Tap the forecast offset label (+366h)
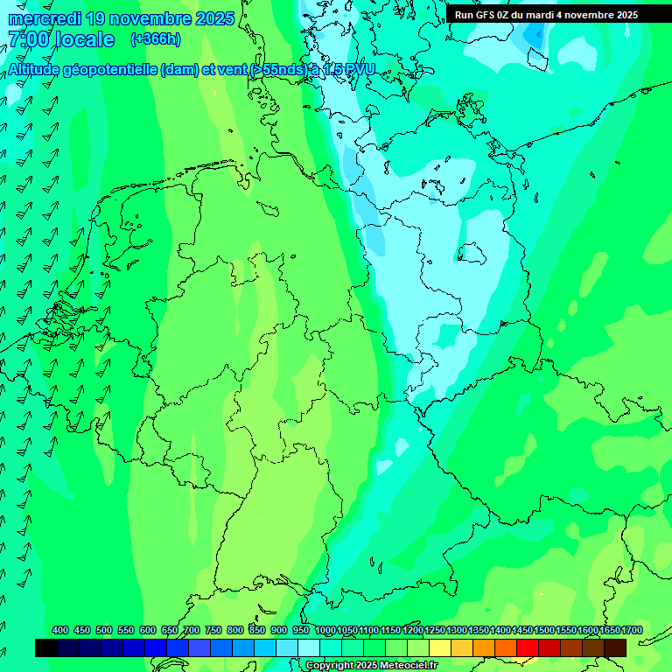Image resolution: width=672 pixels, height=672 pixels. tap(155, 39)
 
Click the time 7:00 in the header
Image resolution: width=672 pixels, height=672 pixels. tap(28, 40)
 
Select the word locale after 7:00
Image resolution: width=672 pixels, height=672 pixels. tap(85, 40)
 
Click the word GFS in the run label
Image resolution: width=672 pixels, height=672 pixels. tap(487, 15)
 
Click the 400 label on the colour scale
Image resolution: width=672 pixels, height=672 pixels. tap(60, 630)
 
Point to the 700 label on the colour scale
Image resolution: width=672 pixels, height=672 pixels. tap(192, 630)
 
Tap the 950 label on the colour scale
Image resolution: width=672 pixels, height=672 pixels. tap(301, 630)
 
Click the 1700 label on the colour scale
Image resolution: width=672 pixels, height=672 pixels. tap(631, 630)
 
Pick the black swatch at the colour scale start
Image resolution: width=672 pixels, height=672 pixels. tap(46, 647)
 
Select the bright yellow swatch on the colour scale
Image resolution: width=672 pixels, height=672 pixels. tap(440, 647)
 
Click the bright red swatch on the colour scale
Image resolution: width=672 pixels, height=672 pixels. tap(528, 647)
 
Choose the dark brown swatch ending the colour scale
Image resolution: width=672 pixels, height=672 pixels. tap(615, 647)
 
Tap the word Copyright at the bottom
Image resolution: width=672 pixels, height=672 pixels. tap(329, 666)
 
